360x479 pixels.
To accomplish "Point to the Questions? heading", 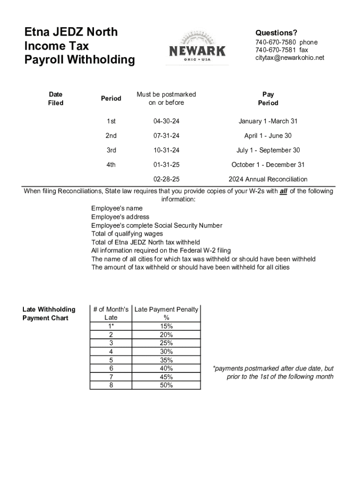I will click(276, 33).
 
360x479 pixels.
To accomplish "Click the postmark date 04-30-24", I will click(166, 121).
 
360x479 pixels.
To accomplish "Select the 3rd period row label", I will click(111, 150).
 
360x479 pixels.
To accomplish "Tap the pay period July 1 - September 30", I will click(268, 150).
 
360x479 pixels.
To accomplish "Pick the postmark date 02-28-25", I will click(166, 179).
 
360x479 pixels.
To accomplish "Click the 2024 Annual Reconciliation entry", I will click(268, 179).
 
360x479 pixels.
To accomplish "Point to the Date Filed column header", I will click(56, 98).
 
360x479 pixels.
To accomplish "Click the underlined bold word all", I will click(283, 191).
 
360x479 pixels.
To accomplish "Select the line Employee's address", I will click(120, 217).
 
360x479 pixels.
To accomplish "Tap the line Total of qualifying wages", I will click(127, 233).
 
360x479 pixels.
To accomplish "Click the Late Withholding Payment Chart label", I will click(49, 313).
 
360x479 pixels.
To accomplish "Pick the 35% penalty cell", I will click(166, 360).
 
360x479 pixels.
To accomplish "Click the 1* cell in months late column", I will click(111, 326).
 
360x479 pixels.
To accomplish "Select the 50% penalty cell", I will click(166, 385).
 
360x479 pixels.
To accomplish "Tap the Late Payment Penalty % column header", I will click(166, 313).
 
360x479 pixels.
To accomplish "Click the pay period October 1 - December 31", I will click(268, 165).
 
